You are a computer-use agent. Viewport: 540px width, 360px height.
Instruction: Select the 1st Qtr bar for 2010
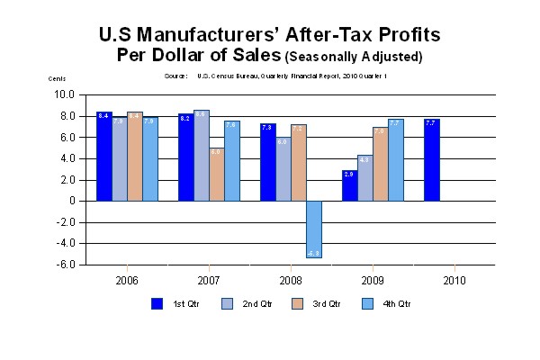pyautogui.click(x=431, y=160)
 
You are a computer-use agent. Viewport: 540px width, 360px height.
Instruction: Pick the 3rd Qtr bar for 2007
pyautogui.click(x=217, y=175)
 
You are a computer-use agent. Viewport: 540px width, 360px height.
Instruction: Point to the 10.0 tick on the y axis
pyautogui.click(x=64, y=94)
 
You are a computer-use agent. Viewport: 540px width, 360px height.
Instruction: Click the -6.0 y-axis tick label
pyautogui.click(x=64, y=265)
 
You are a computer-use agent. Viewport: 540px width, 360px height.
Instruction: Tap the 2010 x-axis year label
pyautogui.click(x=454, y=280)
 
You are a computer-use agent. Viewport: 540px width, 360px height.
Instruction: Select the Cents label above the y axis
pyautogui.click(x=57, y=79)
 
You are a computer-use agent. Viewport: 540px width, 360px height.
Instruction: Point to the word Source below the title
pyautogui.click(x=176, y=76)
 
